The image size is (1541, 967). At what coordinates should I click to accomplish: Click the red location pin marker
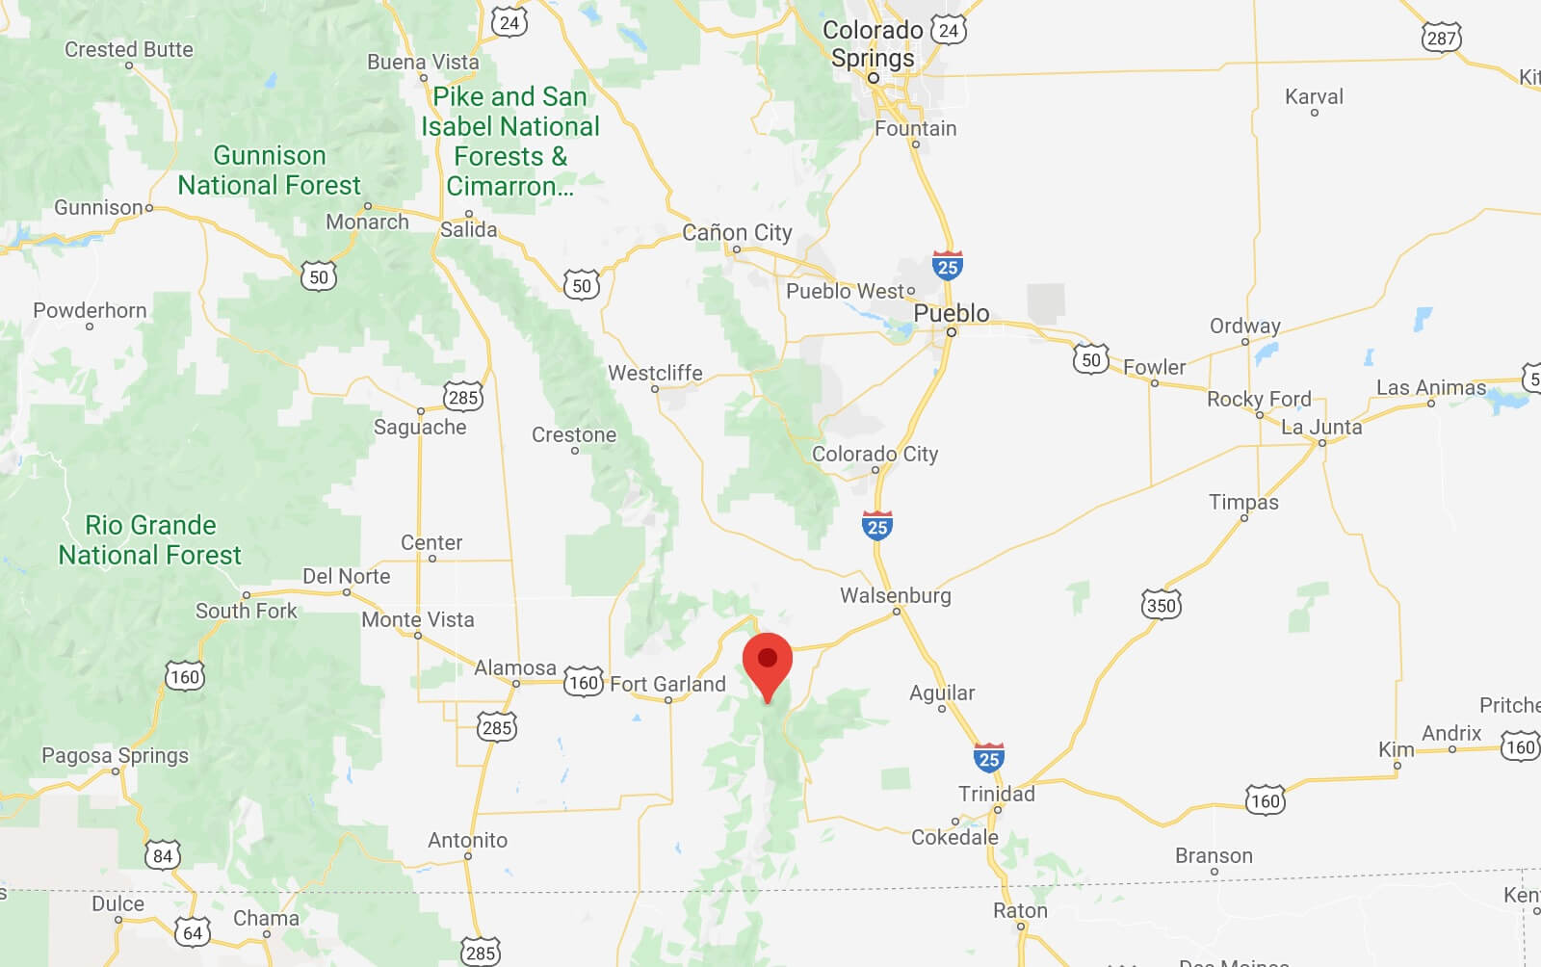(x=768, y=663)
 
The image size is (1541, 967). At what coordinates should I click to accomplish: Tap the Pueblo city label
(x=951, y=314)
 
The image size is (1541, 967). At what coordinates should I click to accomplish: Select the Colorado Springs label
(x=873, y=44)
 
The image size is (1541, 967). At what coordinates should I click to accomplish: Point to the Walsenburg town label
(x=895, y=595)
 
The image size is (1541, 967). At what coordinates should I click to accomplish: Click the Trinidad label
(x=996, y=794)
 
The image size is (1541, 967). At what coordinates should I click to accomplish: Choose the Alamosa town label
(x=514, y=667)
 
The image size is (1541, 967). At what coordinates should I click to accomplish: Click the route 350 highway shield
(x=1161, y=605)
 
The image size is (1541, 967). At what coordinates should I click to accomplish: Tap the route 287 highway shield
(x=1441, y=38)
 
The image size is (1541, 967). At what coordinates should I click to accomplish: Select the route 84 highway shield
(x=163, y=855)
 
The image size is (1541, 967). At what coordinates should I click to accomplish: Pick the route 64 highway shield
(x=193, y=932)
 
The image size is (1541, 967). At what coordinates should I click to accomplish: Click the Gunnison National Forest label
(x=269, y=170)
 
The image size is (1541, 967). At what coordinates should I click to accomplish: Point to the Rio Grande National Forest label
(x=150, y=539)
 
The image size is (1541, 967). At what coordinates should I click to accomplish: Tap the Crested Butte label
(x=128, y=49)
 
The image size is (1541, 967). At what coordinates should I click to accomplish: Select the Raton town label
(x=1019, y=910)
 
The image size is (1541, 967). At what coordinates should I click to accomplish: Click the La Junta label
(x=1320, y=427)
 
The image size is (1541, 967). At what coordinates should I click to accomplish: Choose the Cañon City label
(x=737, y=232)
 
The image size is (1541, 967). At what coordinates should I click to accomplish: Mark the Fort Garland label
(x=667, y=684)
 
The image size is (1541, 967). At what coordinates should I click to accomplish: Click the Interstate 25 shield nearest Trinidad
(x=989, y=758)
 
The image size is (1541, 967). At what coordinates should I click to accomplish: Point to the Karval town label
(x=1314, y=96)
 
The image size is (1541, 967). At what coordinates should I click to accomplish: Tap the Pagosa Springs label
(x=115, y=755)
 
